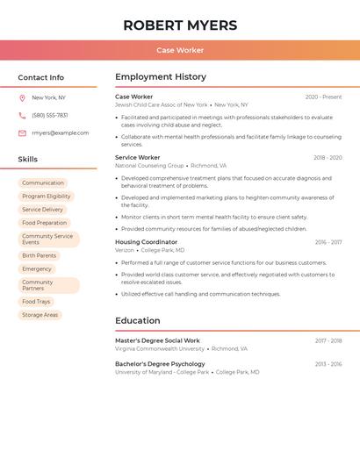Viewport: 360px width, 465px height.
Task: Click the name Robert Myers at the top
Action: coord(180,25)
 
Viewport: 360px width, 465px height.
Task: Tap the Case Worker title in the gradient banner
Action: coord(180,51)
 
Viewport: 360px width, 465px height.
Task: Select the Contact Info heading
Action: coord(41,77)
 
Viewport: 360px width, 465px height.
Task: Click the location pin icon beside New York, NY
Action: coord(22,98)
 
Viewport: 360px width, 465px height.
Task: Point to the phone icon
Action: coord(22,116)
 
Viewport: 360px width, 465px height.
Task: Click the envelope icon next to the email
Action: coord(22,133)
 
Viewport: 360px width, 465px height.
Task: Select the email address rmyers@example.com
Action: coord(60,133)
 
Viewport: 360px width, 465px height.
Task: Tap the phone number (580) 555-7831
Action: coord(50,116)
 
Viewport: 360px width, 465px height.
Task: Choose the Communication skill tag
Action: coord(43,183)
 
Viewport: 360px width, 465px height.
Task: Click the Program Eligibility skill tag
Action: coord(47,197)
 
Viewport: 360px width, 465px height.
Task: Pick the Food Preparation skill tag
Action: coord(45,223)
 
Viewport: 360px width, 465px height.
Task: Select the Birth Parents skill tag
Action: coord(40,255)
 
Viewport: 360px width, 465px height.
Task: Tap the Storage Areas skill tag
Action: coord(40,315)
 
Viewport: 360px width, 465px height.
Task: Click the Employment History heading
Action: coord(161,77)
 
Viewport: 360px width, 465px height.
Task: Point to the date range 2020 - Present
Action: coord(323,97)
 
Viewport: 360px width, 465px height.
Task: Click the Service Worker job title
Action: coord(137,158)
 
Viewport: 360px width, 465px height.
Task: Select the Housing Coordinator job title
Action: coord(146,242)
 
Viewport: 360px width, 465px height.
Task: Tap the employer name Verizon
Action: coord(125,250)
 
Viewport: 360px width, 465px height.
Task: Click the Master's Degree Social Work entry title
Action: coord(157,340)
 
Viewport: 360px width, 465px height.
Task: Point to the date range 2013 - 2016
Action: coord(328,364)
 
